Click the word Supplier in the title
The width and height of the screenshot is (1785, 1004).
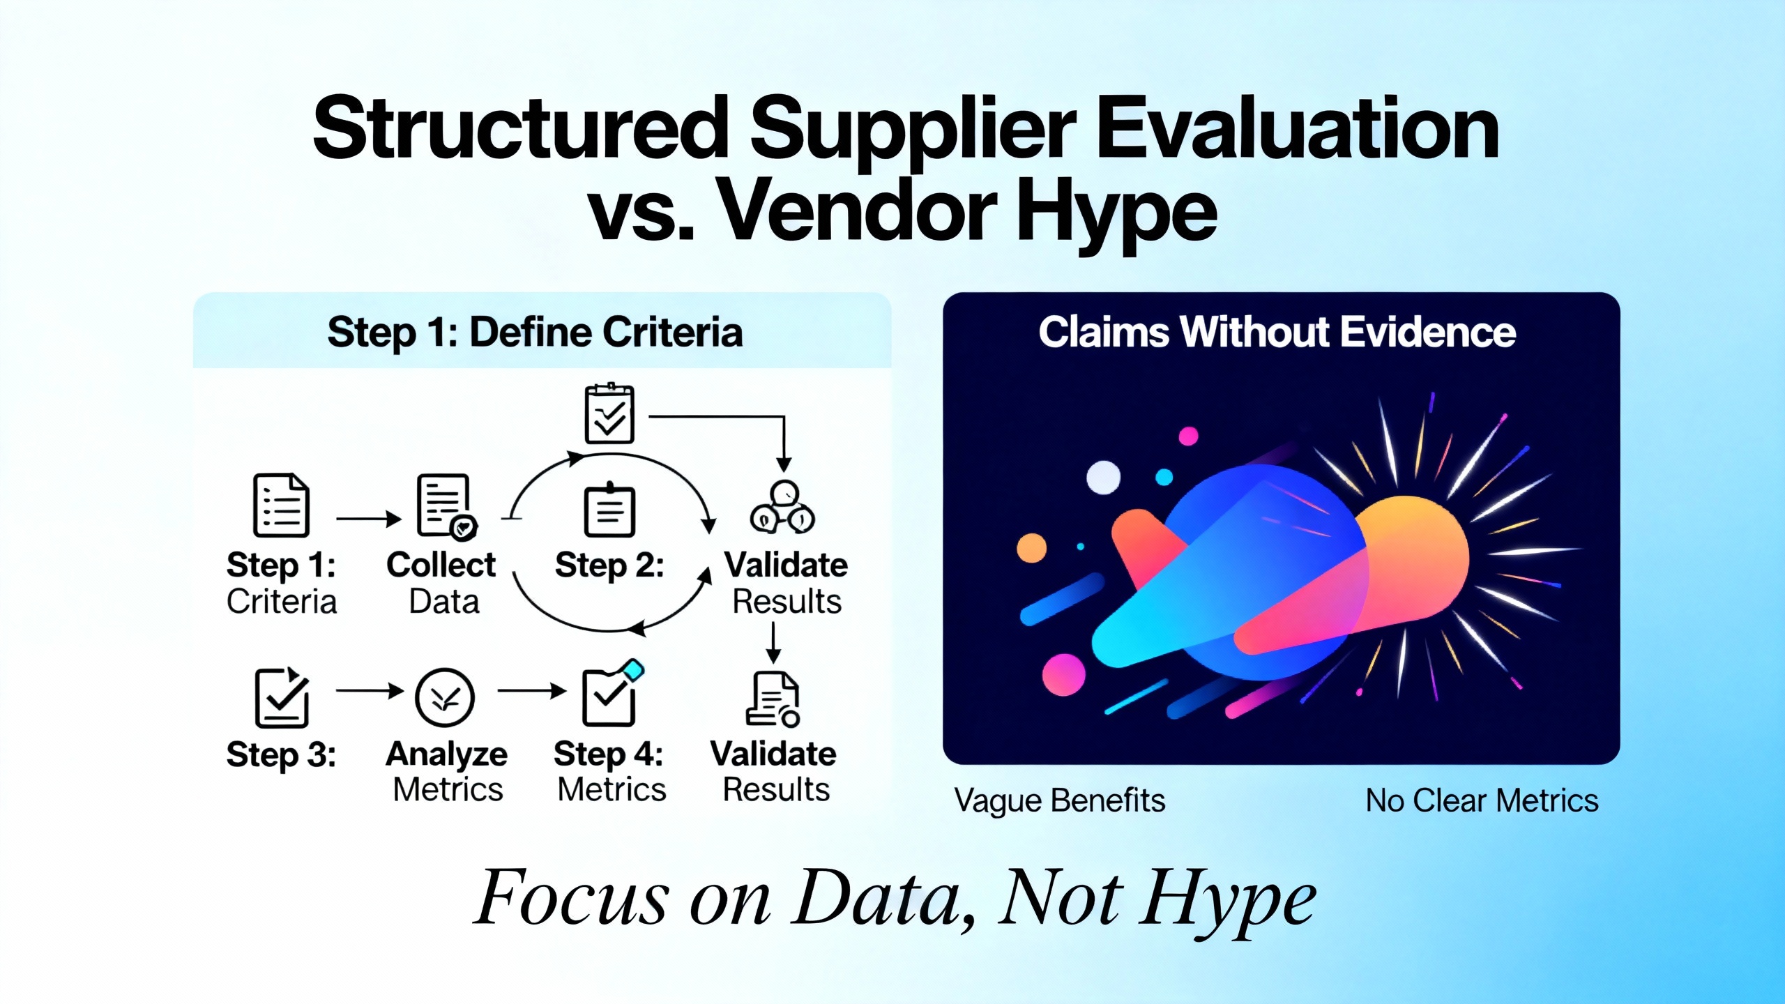click(x=913, y=130)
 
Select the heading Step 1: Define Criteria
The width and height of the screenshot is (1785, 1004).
click(x=535, y=332)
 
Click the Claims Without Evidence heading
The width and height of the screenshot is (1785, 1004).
click(x=1277, y=332)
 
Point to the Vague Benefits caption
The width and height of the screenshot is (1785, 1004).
click(x=1060, y=800)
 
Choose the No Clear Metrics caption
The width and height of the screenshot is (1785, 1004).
click(x=1482, y=800)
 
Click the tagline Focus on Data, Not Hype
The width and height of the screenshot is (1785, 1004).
click(x=895, y=899)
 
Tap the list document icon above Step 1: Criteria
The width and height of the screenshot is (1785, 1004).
click(x=281, y=505)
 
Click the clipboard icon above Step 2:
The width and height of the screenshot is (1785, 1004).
click(x=609, y=510)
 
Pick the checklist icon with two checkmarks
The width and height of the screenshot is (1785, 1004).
click(x=609, y=413)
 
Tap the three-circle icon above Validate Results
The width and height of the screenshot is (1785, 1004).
click(x=782, y=508)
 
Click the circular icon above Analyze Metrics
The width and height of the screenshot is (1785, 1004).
click(x=445, y=697)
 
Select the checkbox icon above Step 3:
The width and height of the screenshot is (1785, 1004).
click(x=282, y=697)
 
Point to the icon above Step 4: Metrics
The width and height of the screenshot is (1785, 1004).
click(x=612, y=693)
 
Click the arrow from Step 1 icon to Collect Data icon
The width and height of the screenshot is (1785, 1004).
click(x=369, y=519)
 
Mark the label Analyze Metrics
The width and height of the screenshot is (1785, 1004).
click(x=447, y=772)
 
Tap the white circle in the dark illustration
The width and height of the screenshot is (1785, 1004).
click(x=1104, y=478)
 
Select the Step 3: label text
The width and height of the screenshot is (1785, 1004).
click(x=281, y=755)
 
